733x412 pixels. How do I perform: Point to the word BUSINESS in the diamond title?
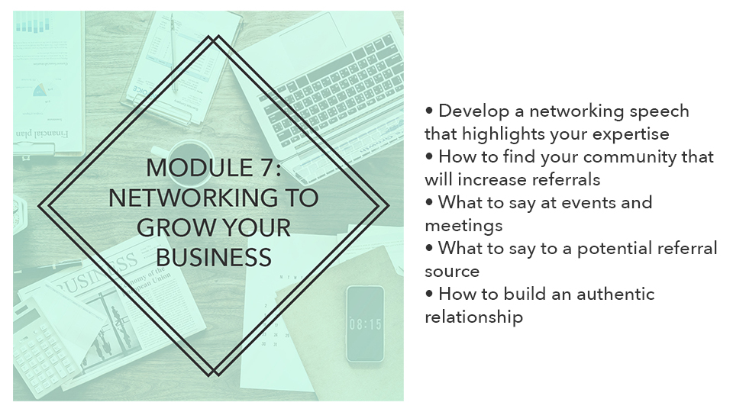pyautogui.click(x=214, y=257)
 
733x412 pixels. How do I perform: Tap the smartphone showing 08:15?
pyautogui.click(x=365, y=323)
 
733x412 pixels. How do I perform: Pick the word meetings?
pyautogui.click(x=463, y=227)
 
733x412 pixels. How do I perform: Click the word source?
pyautogui.click(x=452, y=272)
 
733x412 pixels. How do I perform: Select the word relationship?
pyautogui.click(x=473, y=317)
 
